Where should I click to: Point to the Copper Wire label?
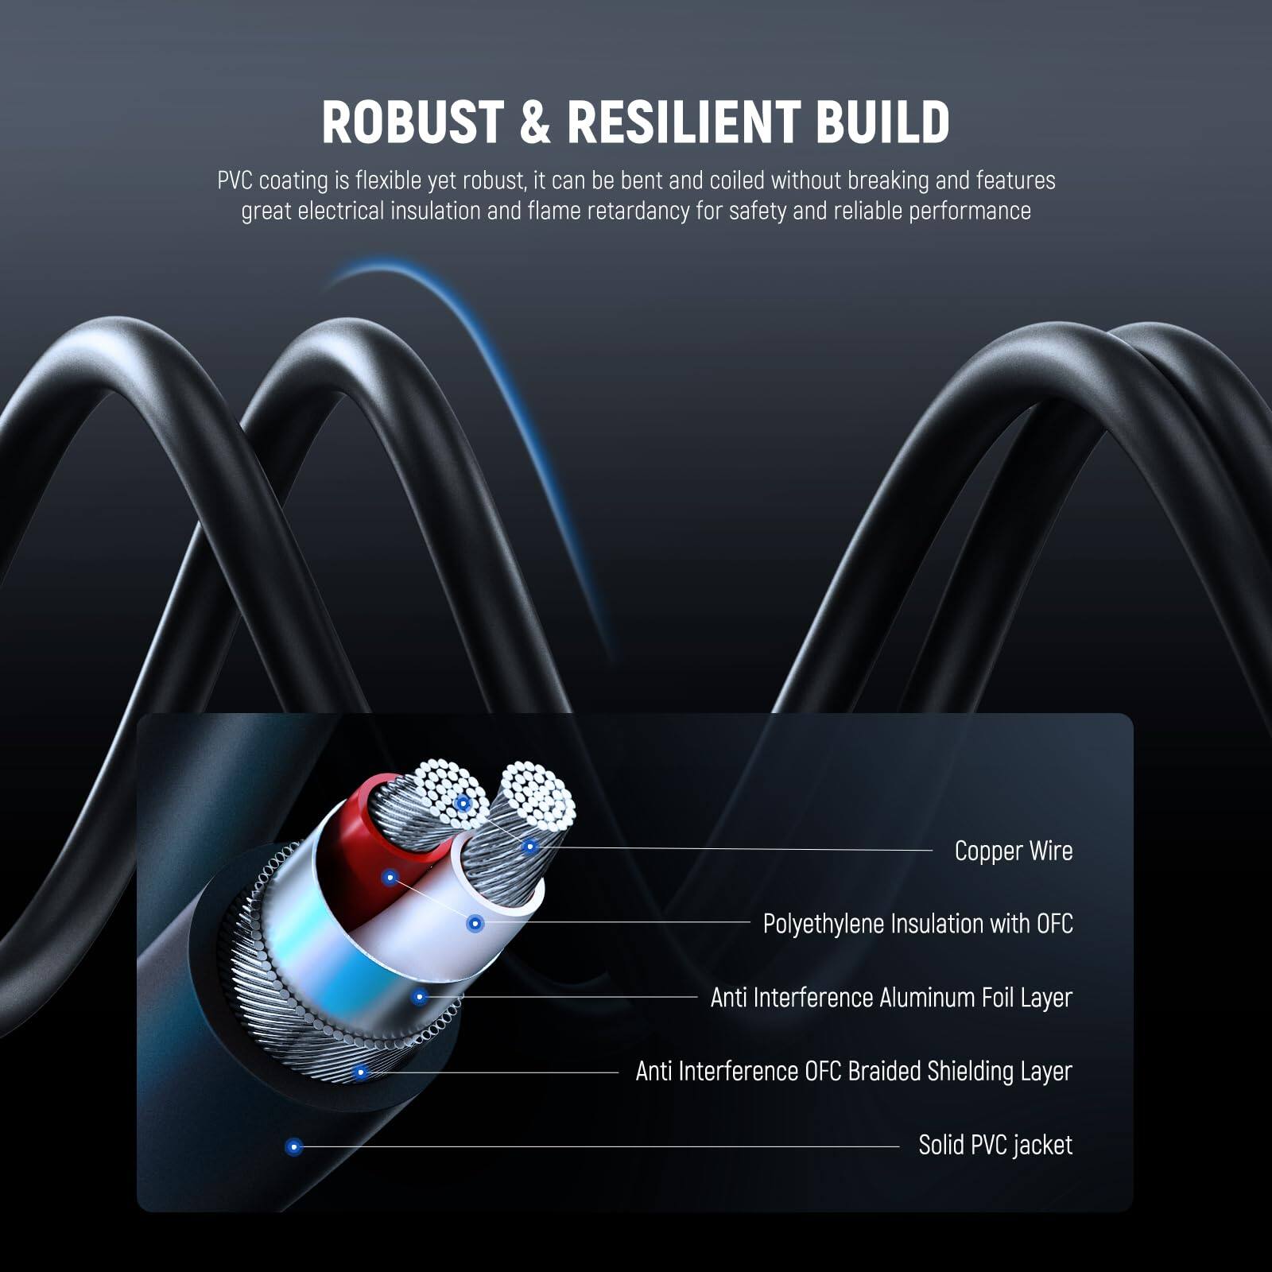[1013, 851]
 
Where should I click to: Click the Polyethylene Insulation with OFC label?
[917, 924]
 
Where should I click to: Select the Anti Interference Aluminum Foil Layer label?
[891, 998]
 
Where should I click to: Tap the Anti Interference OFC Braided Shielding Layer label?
[854, 1072]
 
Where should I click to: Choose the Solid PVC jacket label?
[995, 1145]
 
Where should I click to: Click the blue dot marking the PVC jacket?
[294, 1146]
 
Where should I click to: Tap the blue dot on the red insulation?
[390, 878]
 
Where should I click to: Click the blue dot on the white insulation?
[475, 924]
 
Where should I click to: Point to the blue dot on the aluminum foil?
[420, 996]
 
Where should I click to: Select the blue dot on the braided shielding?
[360, 1072]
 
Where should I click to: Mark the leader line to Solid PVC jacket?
[596, 1146]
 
